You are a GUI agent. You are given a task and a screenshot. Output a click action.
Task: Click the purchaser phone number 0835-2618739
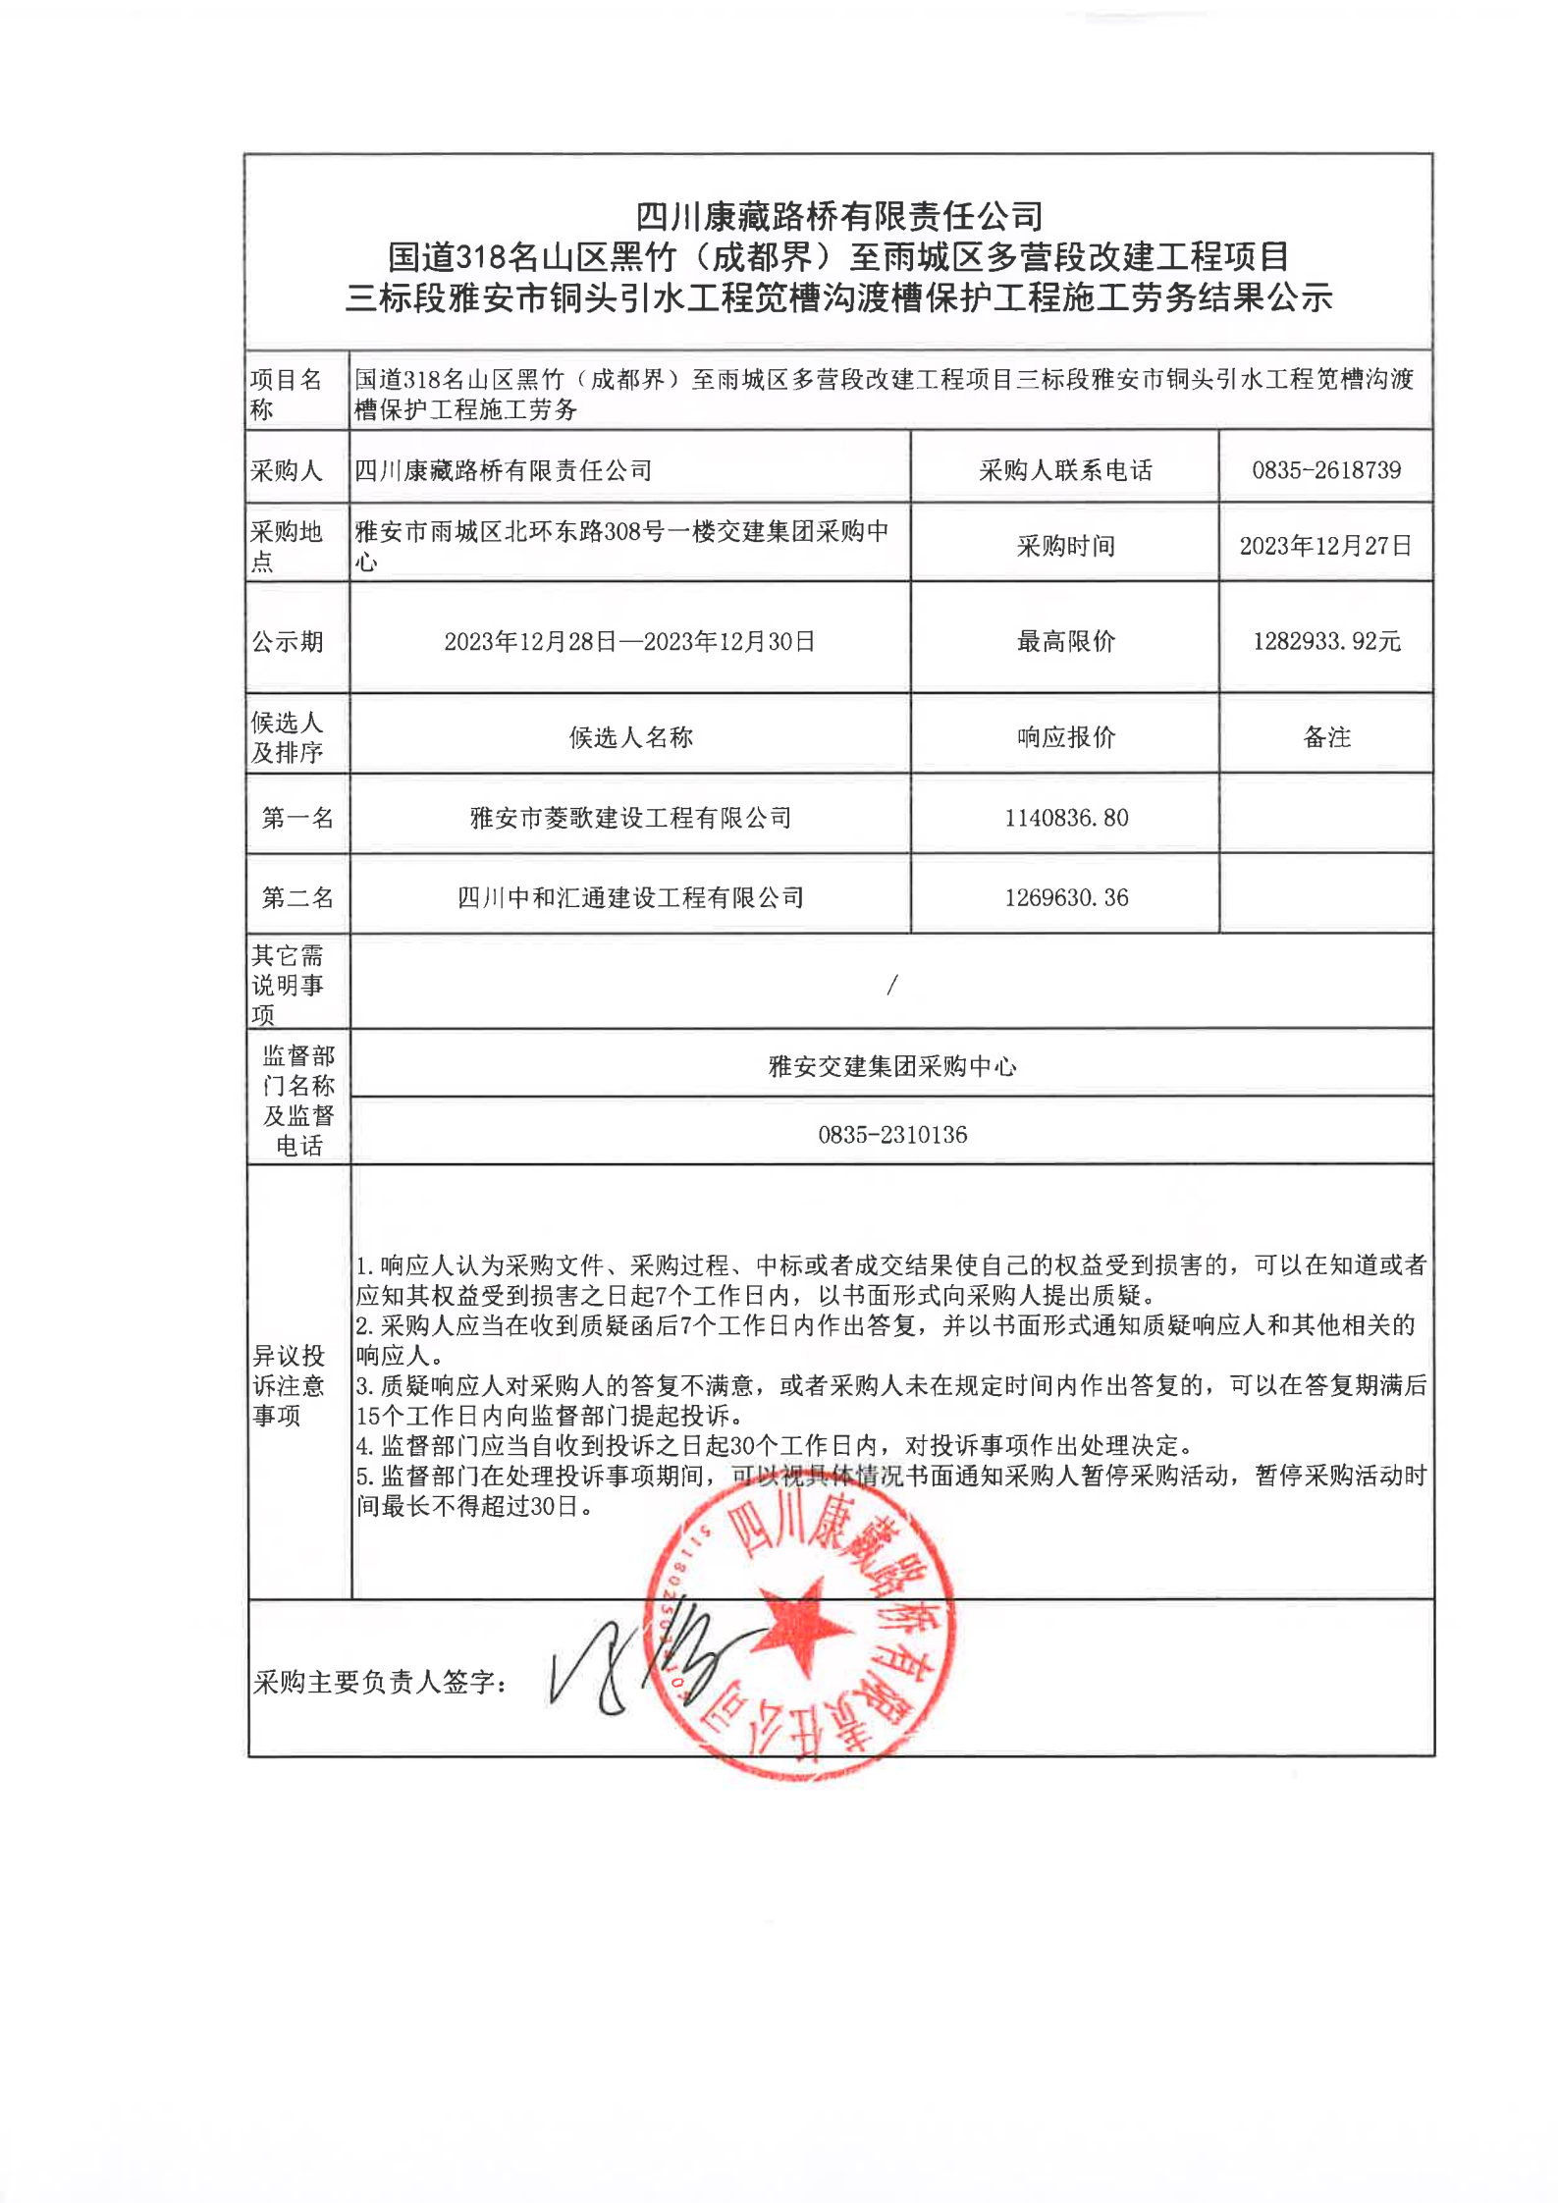click(1325, 470)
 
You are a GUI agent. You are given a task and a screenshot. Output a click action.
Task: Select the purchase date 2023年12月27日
click(1325, 546)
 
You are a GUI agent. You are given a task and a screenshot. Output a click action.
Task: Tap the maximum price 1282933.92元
click(1326, 642)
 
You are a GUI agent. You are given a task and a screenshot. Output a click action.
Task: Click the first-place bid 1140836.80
click(1066, 818)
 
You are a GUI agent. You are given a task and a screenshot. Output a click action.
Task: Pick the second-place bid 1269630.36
click(1066, 897)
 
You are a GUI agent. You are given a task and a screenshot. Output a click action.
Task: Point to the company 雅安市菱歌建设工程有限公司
click(630, 818)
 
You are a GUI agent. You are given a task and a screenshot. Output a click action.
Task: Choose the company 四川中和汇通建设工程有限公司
click(630, 897)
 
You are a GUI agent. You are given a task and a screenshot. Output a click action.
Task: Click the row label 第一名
click(297, 818)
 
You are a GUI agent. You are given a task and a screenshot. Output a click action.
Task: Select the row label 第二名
click(297, 897)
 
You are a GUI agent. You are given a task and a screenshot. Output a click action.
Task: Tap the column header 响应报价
click(1066, 737)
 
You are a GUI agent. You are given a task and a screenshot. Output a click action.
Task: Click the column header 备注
click(1326, 737)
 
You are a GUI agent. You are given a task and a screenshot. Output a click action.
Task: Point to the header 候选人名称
click(630, 737)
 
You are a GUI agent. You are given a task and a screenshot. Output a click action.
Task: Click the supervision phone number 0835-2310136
click(892, 1135)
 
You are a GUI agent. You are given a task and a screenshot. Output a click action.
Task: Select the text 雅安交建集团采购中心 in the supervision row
click(892, 1066)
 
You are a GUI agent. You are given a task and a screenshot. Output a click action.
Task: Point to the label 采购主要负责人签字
click(381, 1683)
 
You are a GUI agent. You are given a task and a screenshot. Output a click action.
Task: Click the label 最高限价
click(1066, 642)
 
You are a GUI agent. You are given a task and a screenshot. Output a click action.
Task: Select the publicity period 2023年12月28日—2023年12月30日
click(629, 642)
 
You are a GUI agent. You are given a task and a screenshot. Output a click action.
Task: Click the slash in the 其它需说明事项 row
click(891, 985)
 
